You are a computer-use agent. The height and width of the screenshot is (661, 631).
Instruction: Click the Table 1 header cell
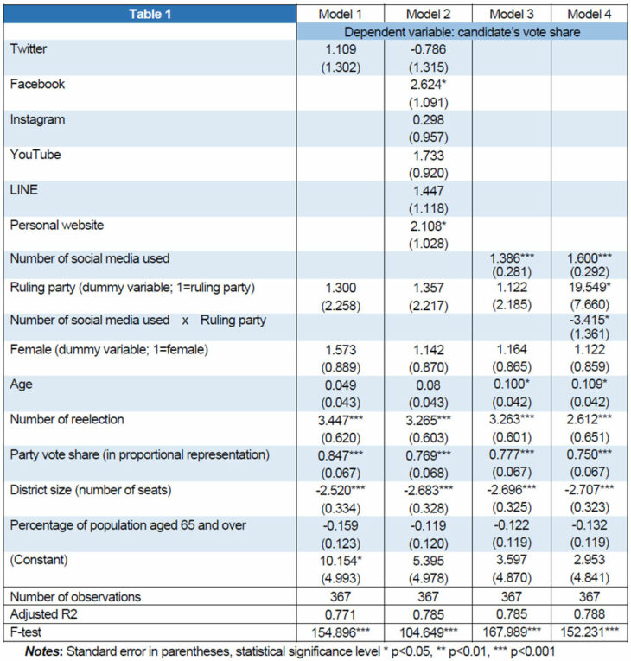(152, 14)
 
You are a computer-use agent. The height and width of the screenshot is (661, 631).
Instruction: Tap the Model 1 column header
(340, 14)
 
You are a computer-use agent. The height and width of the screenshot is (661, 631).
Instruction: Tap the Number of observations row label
(75, 596)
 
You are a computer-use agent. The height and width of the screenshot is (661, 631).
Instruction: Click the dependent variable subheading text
(464, 31)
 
